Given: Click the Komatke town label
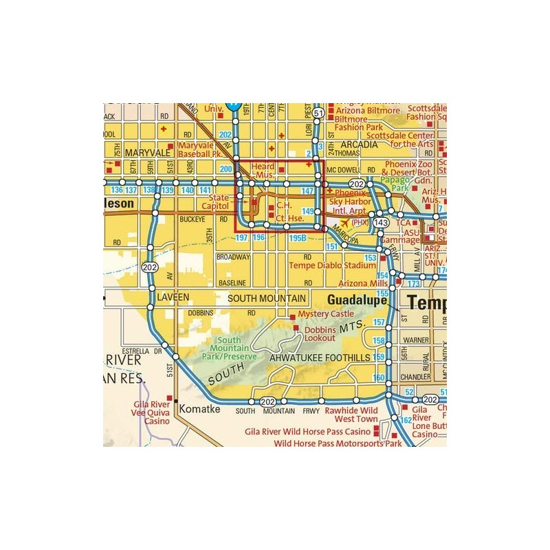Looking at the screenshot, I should (200, 408).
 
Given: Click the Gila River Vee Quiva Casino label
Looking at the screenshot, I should (152, 414).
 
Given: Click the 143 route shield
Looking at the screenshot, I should (382, 224).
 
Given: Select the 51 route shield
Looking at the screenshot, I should (317, 113).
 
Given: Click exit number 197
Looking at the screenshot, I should (241, 237).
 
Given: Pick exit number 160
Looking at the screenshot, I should (378, 378).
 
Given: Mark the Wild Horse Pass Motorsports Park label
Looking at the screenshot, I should (338, 444).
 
